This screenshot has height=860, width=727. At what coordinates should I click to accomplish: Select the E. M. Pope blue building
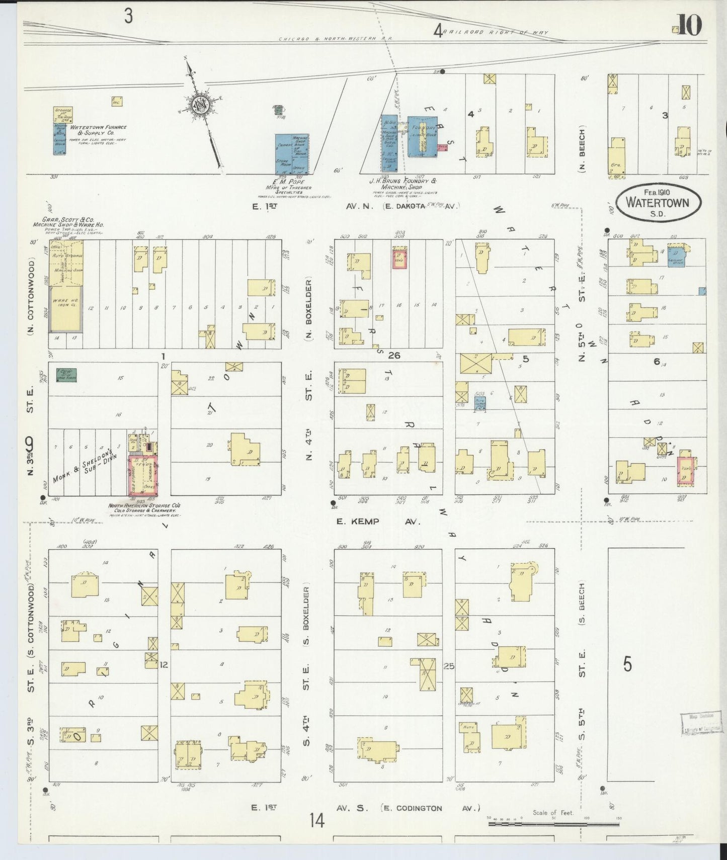point(291,153)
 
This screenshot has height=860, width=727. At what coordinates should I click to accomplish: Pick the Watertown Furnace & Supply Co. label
point(99,130)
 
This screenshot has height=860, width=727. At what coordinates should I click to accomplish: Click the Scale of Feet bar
point(553,824)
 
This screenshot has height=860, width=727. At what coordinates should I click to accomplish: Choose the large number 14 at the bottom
point(317,821)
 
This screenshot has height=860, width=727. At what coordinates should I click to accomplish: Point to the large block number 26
point(394,356)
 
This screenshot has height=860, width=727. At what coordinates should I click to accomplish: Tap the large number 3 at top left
point(129,17)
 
